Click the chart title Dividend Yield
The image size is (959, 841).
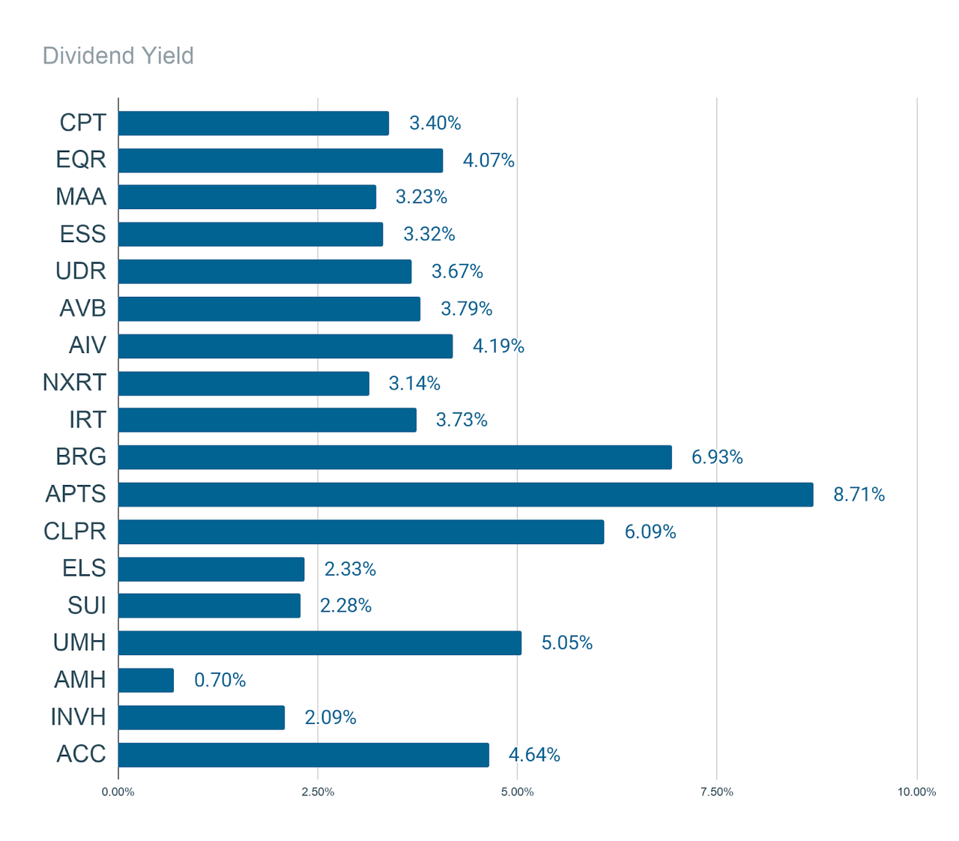pyautogui.click(x=118, y=56)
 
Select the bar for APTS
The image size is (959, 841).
pyautogui.click(x=465, y=495)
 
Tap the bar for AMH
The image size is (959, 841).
pyautogui.click(x=146, y=681)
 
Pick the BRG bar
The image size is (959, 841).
pyautogui.click(x=395, y=457)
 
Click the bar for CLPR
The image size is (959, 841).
pyautogui.click(x=360, y=531)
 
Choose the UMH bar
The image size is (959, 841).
pyautogui.click(x=319, y=643)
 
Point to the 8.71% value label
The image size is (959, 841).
pyautogui.click(x=859, y=495)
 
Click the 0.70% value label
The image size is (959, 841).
pyautogui.click(x=220, y=681)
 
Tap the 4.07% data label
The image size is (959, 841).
pyautogui.click(x=488, y=160)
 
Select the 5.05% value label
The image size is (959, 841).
pyautogui.click(x=566, y=643)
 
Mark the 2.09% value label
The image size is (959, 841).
pyautogui.click(x=330, y=717)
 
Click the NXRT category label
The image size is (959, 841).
pyautogui.click(x=74, y=383)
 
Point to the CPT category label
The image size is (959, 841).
pyautogui.click(x=82, y=123)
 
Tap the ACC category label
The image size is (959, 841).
pyautogui.click(x=81, y=754)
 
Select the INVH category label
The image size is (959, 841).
pyautogui.click(x=78, y=717)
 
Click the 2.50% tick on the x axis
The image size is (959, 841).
pyautogui.click(x=318, y=792)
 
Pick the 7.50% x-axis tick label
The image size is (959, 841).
pyautogui.click(x=716, y=792)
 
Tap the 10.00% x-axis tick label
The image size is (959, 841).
pyautogui.click(x=916, y=792)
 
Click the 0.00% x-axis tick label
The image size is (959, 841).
pyautogui.click(x=118, y=792)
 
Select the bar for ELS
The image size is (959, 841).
pyautogui.click(x=211, y=569)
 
